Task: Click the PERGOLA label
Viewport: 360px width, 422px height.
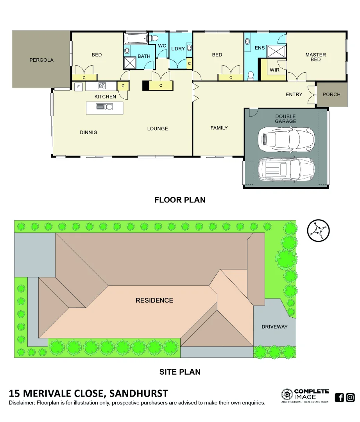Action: [41, 60]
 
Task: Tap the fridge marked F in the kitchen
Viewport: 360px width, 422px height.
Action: [79, 87]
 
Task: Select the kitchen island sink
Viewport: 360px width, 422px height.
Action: [104, 107]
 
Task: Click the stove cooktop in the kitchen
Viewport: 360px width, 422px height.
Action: [102, 86]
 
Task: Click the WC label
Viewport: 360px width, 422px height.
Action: [162, 46]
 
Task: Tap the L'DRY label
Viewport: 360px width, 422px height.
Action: [178, 49]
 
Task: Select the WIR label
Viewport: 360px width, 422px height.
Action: [274, 70]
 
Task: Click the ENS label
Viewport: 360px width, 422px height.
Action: [260, 48]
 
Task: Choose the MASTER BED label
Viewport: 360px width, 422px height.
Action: [315, 57]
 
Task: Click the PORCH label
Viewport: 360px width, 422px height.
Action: [331, 94]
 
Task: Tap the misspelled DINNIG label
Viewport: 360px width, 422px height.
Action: [88, 132]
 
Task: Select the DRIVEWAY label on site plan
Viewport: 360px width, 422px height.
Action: [274, 327]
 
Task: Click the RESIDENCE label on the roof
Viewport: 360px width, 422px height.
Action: [154, 300]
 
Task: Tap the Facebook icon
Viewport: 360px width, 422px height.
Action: [340, 397]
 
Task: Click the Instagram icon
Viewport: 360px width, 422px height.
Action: [350, 397]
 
